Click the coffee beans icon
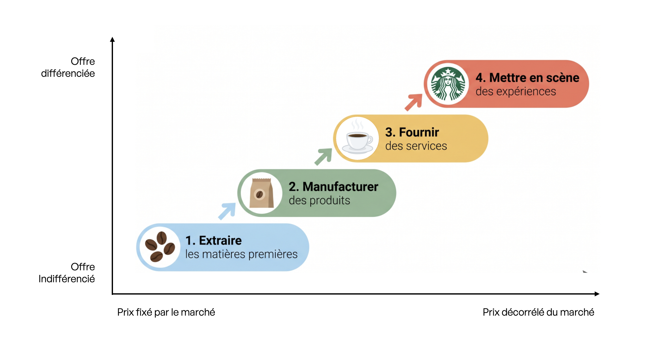coord(160,247)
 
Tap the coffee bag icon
coord(261,193)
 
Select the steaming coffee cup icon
coord(358,138)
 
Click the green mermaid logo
coord(448,84)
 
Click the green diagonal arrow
coord(323,156)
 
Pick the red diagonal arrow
coord(414,102)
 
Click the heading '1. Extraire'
coord(213,240)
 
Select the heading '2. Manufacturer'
coord(333,187)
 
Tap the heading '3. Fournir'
coord(412,132)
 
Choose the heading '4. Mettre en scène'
coord(527,78)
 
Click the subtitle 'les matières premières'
coord(241,254)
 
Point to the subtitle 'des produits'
coord(319,200)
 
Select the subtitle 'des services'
coord(416,146)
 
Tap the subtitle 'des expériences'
coord(516,92)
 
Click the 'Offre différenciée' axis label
coord(68,67)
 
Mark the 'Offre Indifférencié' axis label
coord(67,273)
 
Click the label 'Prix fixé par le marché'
coord(166,312)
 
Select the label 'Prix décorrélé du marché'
coord(538,312)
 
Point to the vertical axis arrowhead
coord(112,39)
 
